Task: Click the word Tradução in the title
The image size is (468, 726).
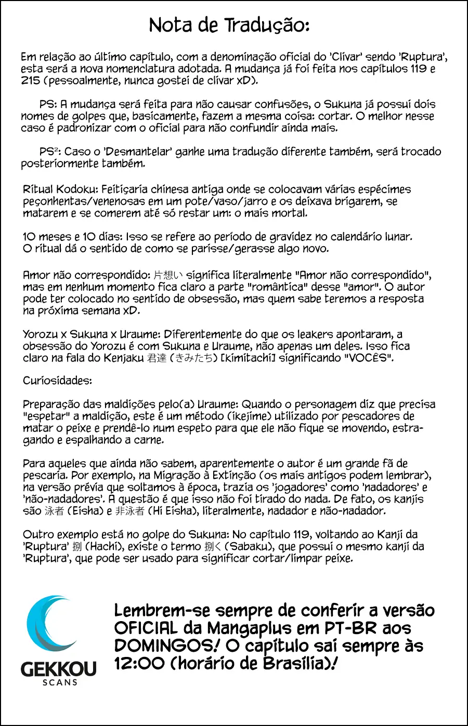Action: click(x=267, y=25)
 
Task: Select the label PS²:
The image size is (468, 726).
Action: click(x=50, y=152)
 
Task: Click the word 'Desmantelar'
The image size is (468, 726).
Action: click(x=138, y=152)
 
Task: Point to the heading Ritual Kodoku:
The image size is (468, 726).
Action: click(x=60, y=190)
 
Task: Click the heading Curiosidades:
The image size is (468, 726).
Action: click(x=57, y=381)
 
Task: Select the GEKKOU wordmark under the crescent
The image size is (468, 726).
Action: click(x=59, y=669)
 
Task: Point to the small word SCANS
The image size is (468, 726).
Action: click(x=60, y=682)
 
